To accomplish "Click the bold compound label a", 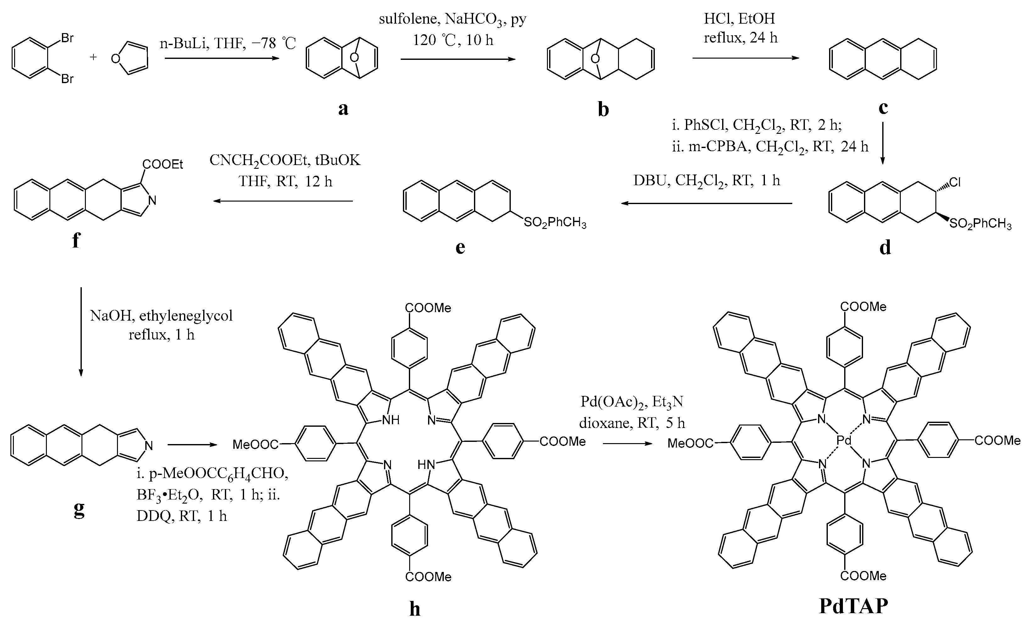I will (x=343, y=108).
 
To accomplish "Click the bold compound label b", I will (x=603, y=109).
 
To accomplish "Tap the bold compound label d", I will (x=885, y=248).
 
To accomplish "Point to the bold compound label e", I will (x=460, y=247).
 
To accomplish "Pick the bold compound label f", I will (x=76, y=240).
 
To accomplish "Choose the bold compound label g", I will (x=79, y=509).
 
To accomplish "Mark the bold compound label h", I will (x=415, y=608).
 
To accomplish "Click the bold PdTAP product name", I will (x=853, y=606).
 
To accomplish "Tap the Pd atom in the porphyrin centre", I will (x=844, y=440).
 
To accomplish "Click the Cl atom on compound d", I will (x=955, y=183).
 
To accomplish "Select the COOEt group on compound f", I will (x=163, y=165).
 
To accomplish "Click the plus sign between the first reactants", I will (x=93, y=57).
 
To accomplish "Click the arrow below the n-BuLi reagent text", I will (x=222, y=59).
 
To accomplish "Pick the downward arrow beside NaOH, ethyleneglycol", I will (x=81, y=331).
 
